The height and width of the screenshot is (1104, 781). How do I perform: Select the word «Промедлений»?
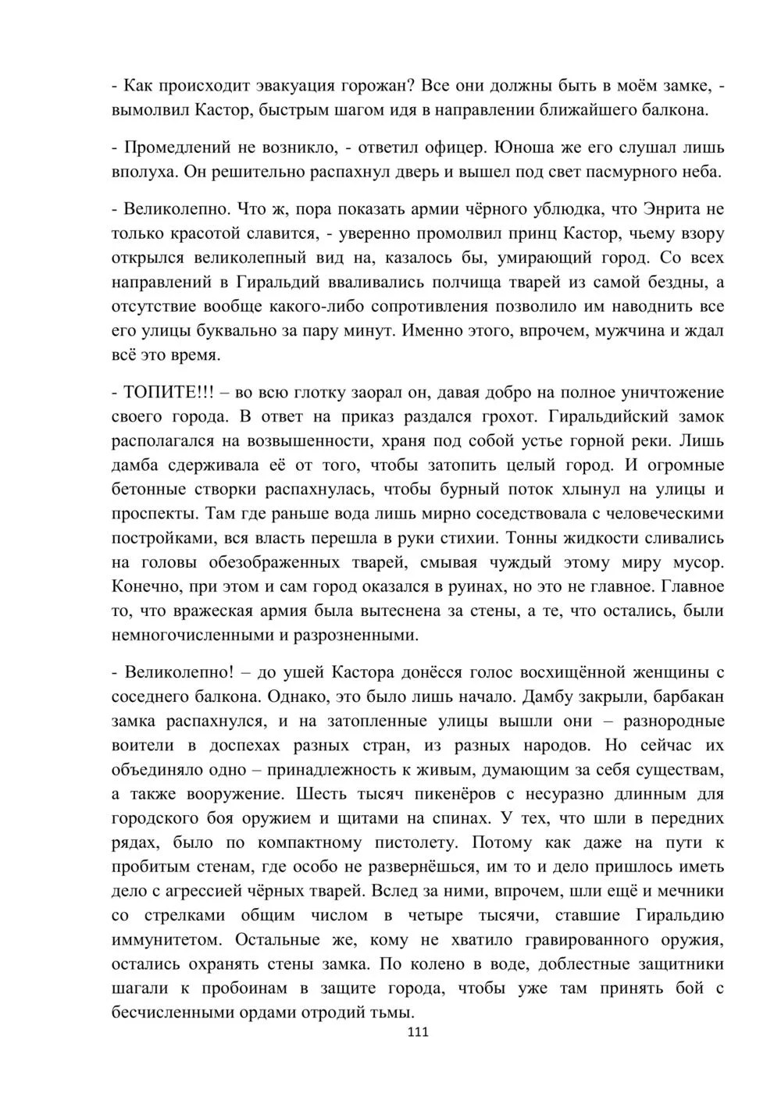tap(182, 147)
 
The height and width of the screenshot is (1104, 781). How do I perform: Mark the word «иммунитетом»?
tap(166, 940)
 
